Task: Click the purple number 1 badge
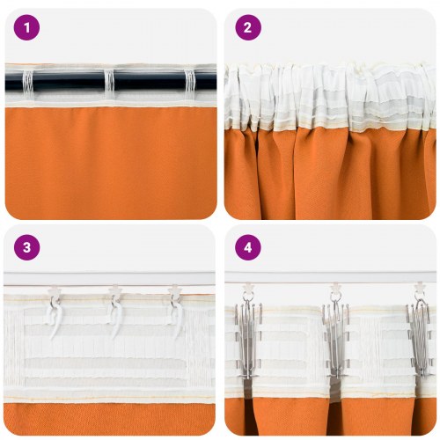(x=27, y=27)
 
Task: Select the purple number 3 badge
(x=27, y=247)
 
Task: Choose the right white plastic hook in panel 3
(x=173, y=310)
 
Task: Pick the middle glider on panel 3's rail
(x=114, y=289)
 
